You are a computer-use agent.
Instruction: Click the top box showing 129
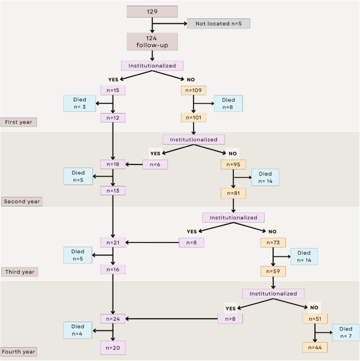pos(152,12)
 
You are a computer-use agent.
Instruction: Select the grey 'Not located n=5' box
pos(218,24)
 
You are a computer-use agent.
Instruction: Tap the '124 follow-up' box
pos(152,42)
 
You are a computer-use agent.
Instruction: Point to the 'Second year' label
pos(22,201)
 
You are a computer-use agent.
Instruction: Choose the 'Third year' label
pos(19,272)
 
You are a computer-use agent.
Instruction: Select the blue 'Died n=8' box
pos(228,104)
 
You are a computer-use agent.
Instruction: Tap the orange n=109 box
pos(193,90)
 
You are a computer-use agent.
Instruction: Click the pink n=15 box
pos(113,90)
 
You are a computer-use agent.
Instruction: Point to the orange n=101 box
pos(193,118)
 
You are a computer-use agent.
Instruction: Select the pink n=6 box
pos(155,164)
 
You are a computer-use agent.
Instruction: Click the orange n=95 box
pos(233,164)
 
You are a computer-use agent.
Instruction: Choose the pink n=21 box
pos(113,242)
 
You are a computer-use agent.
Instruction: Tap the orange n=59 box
pos(273,271)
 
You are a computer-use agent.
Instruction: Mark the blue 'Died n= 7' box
pos(346,332)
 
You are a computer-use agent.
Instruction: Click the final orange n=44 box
pos(315,347)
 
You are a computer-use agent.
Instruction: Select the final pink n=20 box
pos(113,348)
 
